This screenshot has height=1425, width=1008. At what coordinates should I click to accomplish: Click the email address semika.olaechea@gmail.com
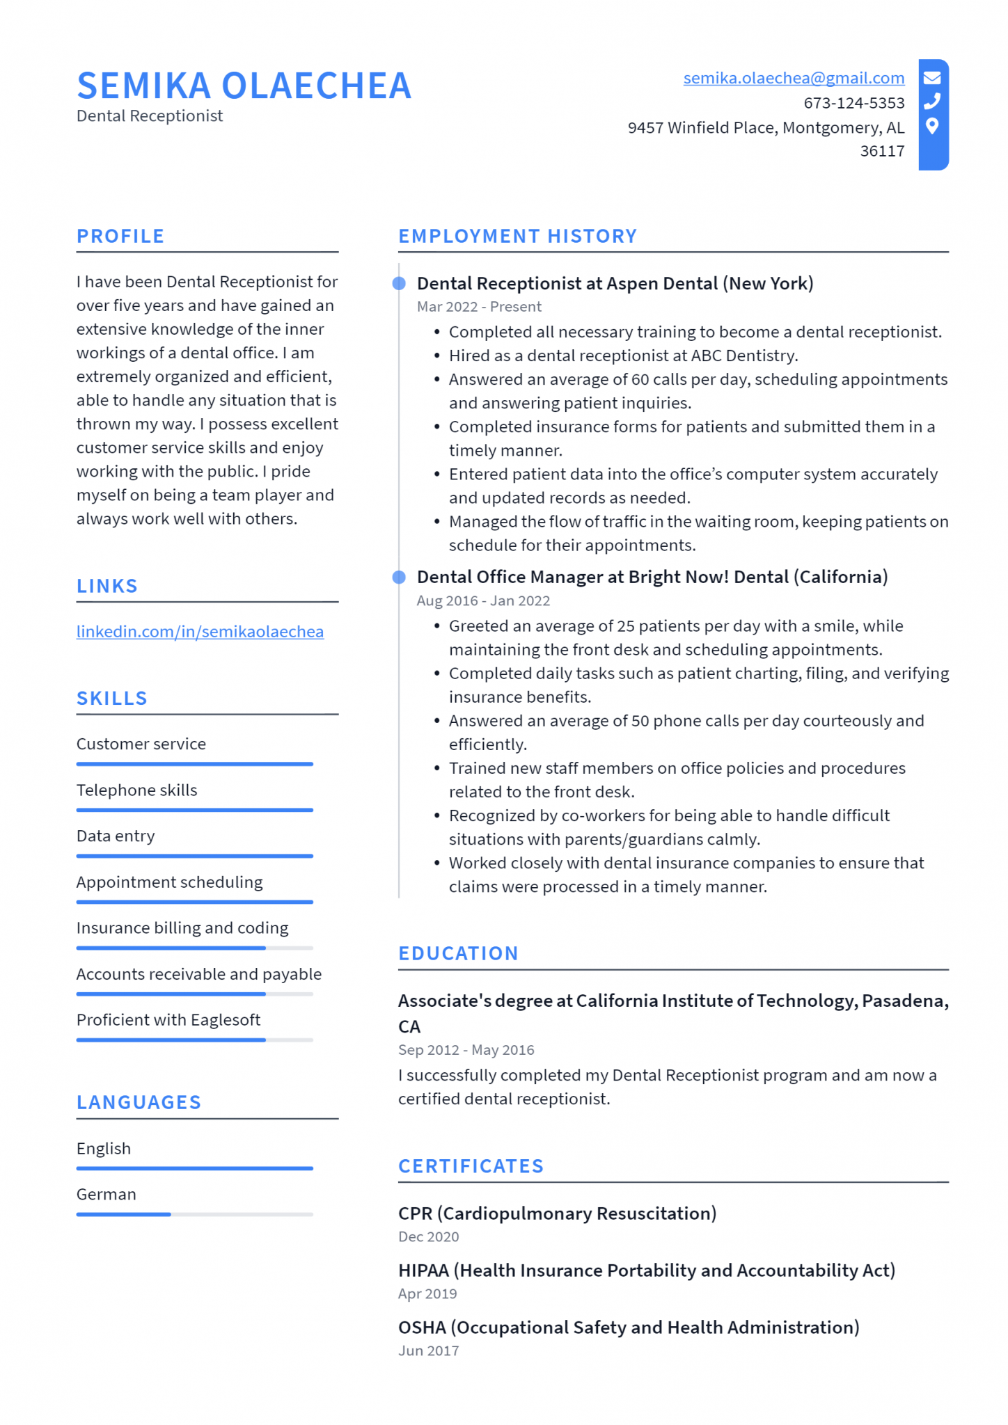click(x=793, y=78)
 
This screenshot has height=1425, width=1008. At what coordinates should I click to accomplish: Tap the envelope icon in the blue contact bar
click(x=932, y=77)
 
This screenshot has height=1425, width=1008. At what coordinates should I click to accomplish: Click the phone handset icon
click(x=932, y=102)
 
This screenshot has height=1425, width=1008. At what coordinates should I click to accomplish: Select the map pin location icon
click(x=932, y=126)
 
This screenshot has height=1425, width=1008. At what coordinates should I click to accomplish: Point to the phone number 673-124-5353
click(x=853, y=103)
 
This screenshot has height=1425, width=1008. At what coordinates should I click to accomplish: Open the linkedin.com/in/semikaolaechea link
click(x=200, y=631)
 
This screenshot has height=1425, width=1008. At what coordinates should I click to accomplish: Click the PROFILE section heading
click(x=120, y=236)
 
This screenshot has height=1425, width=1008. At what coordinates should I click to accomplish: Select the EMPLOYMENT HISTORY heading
click(x=517, y=236)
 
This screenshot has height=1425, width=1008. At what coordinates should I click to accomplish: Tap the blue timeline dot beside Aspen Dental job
click(x=399, y=283)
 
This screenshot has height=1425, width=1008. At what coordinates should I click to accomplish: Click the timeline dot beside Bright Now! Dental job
click(x=399, y=577)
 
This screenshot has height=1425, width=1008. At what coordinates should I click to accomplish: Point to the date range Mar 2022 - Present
click(x=478, y=307)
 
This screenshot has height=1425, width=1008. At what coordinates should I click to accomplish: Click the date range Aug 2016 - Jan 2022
click(x=482, y=600)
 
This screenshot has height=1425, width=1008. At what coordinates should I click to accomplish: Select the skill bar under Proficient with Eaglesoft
click(x=194, y=1040)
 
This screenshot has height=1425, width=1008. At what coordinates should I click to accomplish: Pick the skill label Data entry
click(x=116, y=836)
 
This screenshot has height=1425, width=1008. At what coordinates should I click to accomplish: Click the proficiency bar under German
click(x=194, y=1214)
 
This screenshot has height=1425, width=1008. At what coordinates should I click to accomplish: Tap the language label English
click(x=104, y=1148)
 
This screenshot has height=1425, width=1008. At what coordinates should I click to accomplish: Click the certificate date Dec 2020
click(x=428, y=1236)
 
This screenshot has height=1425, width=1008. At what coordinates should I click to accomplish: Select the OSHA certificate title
click(x=628, y=1327)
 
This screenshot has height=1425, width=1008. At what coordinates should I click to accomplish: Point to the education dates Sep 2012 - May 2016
click(x=466, y=1049)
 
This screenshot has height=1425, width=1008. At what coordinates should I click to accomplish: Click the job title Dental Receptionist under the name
click(x=150, y=116)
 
